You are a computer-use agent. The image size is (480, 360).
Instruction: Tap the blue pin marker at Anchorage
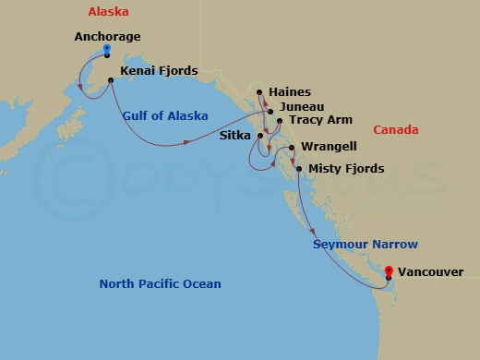(x=108, y=49)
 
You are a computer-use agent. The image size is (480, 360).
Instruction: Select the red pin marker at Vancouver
(x=389, y=271)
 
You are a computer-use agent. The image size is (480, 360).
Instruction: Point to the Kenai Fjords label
(x=159, y=70)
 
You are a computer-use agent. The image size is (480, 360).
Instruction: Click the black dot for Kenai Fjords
(x=111, y=81)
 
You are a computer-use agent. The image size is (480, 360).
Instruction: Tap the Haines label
(x=290, y=92)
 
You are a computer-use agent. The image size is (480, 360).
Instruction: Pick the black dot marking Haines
(x=260, y=92)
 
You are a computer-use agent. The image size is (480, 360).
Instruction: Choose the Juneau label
(x=298, y=107)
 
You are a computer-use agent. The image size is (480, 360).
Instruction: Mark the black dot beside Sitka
(x=261, y=137)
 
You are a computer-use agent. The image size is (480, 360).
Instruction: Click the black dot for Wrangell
(x=292, y=148)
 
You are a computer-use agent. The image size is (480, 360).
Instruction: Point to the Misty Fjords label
(x=347, y=169)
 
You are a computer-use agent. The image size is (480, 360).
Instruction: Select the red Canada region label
(x=395, y=130)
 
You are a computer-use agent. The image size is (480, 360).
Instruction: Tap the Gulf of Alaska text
(x=164, y=115)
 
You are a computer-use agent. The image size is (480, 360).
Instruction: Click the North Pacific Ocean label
(x=160, y=283)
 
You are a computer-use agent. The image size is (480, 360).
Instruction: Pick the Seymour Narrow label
(x=365, y=244)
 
